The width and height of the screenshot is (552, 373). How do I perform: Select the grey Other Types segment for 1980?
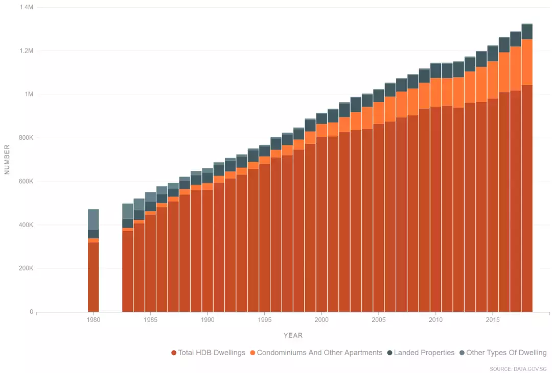tap(93, 219)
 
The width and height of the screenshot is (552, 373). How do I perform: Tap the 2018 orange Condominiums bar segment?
tap(527, 62)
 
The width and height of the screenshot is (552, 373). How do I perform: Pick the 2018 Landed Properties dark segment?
tap(527, 32)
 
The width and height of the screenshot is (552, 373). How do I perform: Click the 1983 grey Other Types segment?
tap(127, 211)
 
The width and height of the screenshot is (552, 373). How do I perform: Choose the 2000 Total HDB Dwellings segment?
tap(321, 224)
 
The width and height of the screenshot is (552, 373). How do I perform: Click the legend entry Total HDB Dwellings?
tap(209, 353)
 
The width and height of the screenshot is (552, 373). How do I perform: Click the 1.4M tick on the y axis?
tap(26, 8)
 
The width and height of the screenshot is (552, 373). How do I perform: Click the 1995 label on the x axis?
tap(264, 320)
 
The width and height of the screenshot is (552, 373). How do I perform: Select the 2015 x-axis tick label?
tap(493, 320)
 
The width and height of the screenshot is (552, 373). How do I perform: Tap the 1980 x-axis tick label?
tap(93, 320)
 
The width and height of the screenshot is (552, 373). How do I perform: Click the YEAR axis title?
tap(293, 335)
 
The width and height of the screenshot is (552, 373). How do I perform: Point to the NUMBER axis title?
tap(7, 159)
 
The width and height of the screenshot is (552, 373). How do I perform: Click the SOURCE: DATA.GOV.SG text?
tap(518, 368)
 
